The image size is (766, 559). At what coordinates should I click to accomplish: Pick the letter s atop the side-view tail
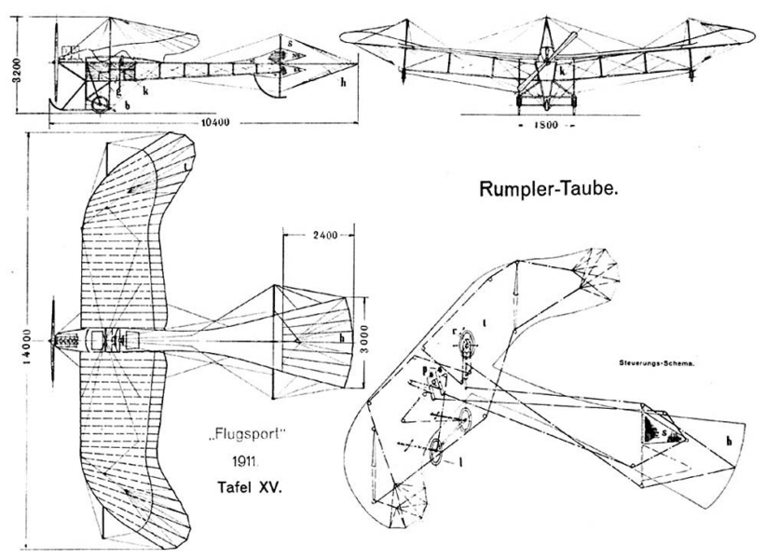click(291, 42)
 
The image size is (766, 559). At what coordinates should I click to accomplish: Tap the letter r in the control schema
click(453, 330)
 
